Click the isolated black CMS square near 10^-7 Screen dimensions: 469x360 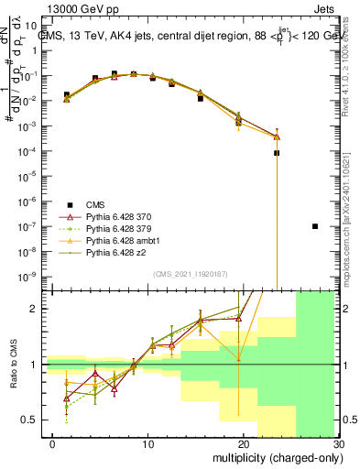[315, 225]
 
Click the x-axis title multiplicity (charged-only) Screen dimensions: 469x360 [276, 458]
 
